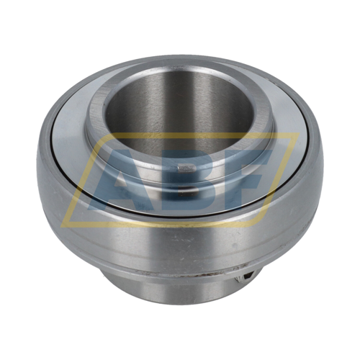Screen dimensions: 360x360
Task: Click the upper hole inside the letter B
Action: tap(188, 168)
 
